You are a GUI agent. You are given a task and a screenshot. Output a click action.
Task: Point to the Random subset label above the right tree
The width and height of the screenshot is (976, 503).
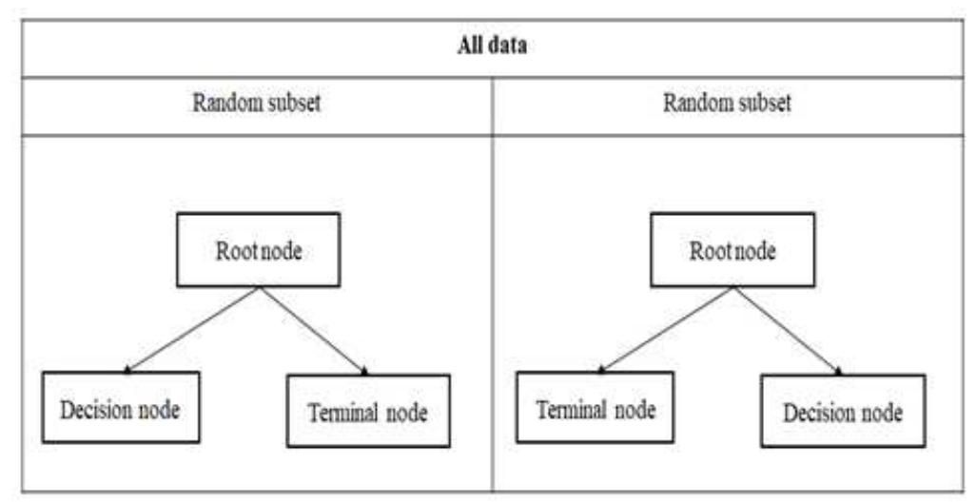coord(727,105)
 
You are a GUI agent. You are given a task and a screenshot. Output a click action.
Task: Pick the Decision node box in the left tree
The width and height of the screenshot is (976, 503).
coord(121,409)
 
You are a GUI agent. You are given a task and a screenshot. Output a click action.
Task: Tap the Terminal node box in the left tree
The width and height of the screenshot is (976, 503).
coord(367,413)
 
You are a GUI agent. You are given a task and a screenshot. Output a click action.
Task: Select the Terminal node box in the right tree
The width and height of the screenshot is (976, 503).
coord(595,410)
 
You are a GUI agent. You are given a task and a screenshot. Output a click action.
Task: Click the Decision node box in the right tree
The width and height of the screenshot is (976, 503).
coord(842,413)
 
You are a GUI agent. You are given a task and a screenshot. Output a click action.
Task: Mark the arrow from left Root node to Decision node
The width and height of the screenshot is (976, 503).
coord(192,330)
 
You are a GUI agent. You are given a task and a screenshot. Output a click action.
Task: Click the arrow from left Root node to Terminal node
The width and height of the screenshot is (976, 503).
coord(312,330)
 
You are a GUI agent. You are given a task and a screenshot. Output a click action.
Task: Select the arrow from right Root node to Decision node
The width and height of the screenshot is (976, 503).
coord(788,330)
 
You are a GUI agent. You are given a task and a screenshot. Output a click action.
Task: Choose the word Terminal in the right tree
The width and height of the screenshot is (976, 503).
coord(573,410)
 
